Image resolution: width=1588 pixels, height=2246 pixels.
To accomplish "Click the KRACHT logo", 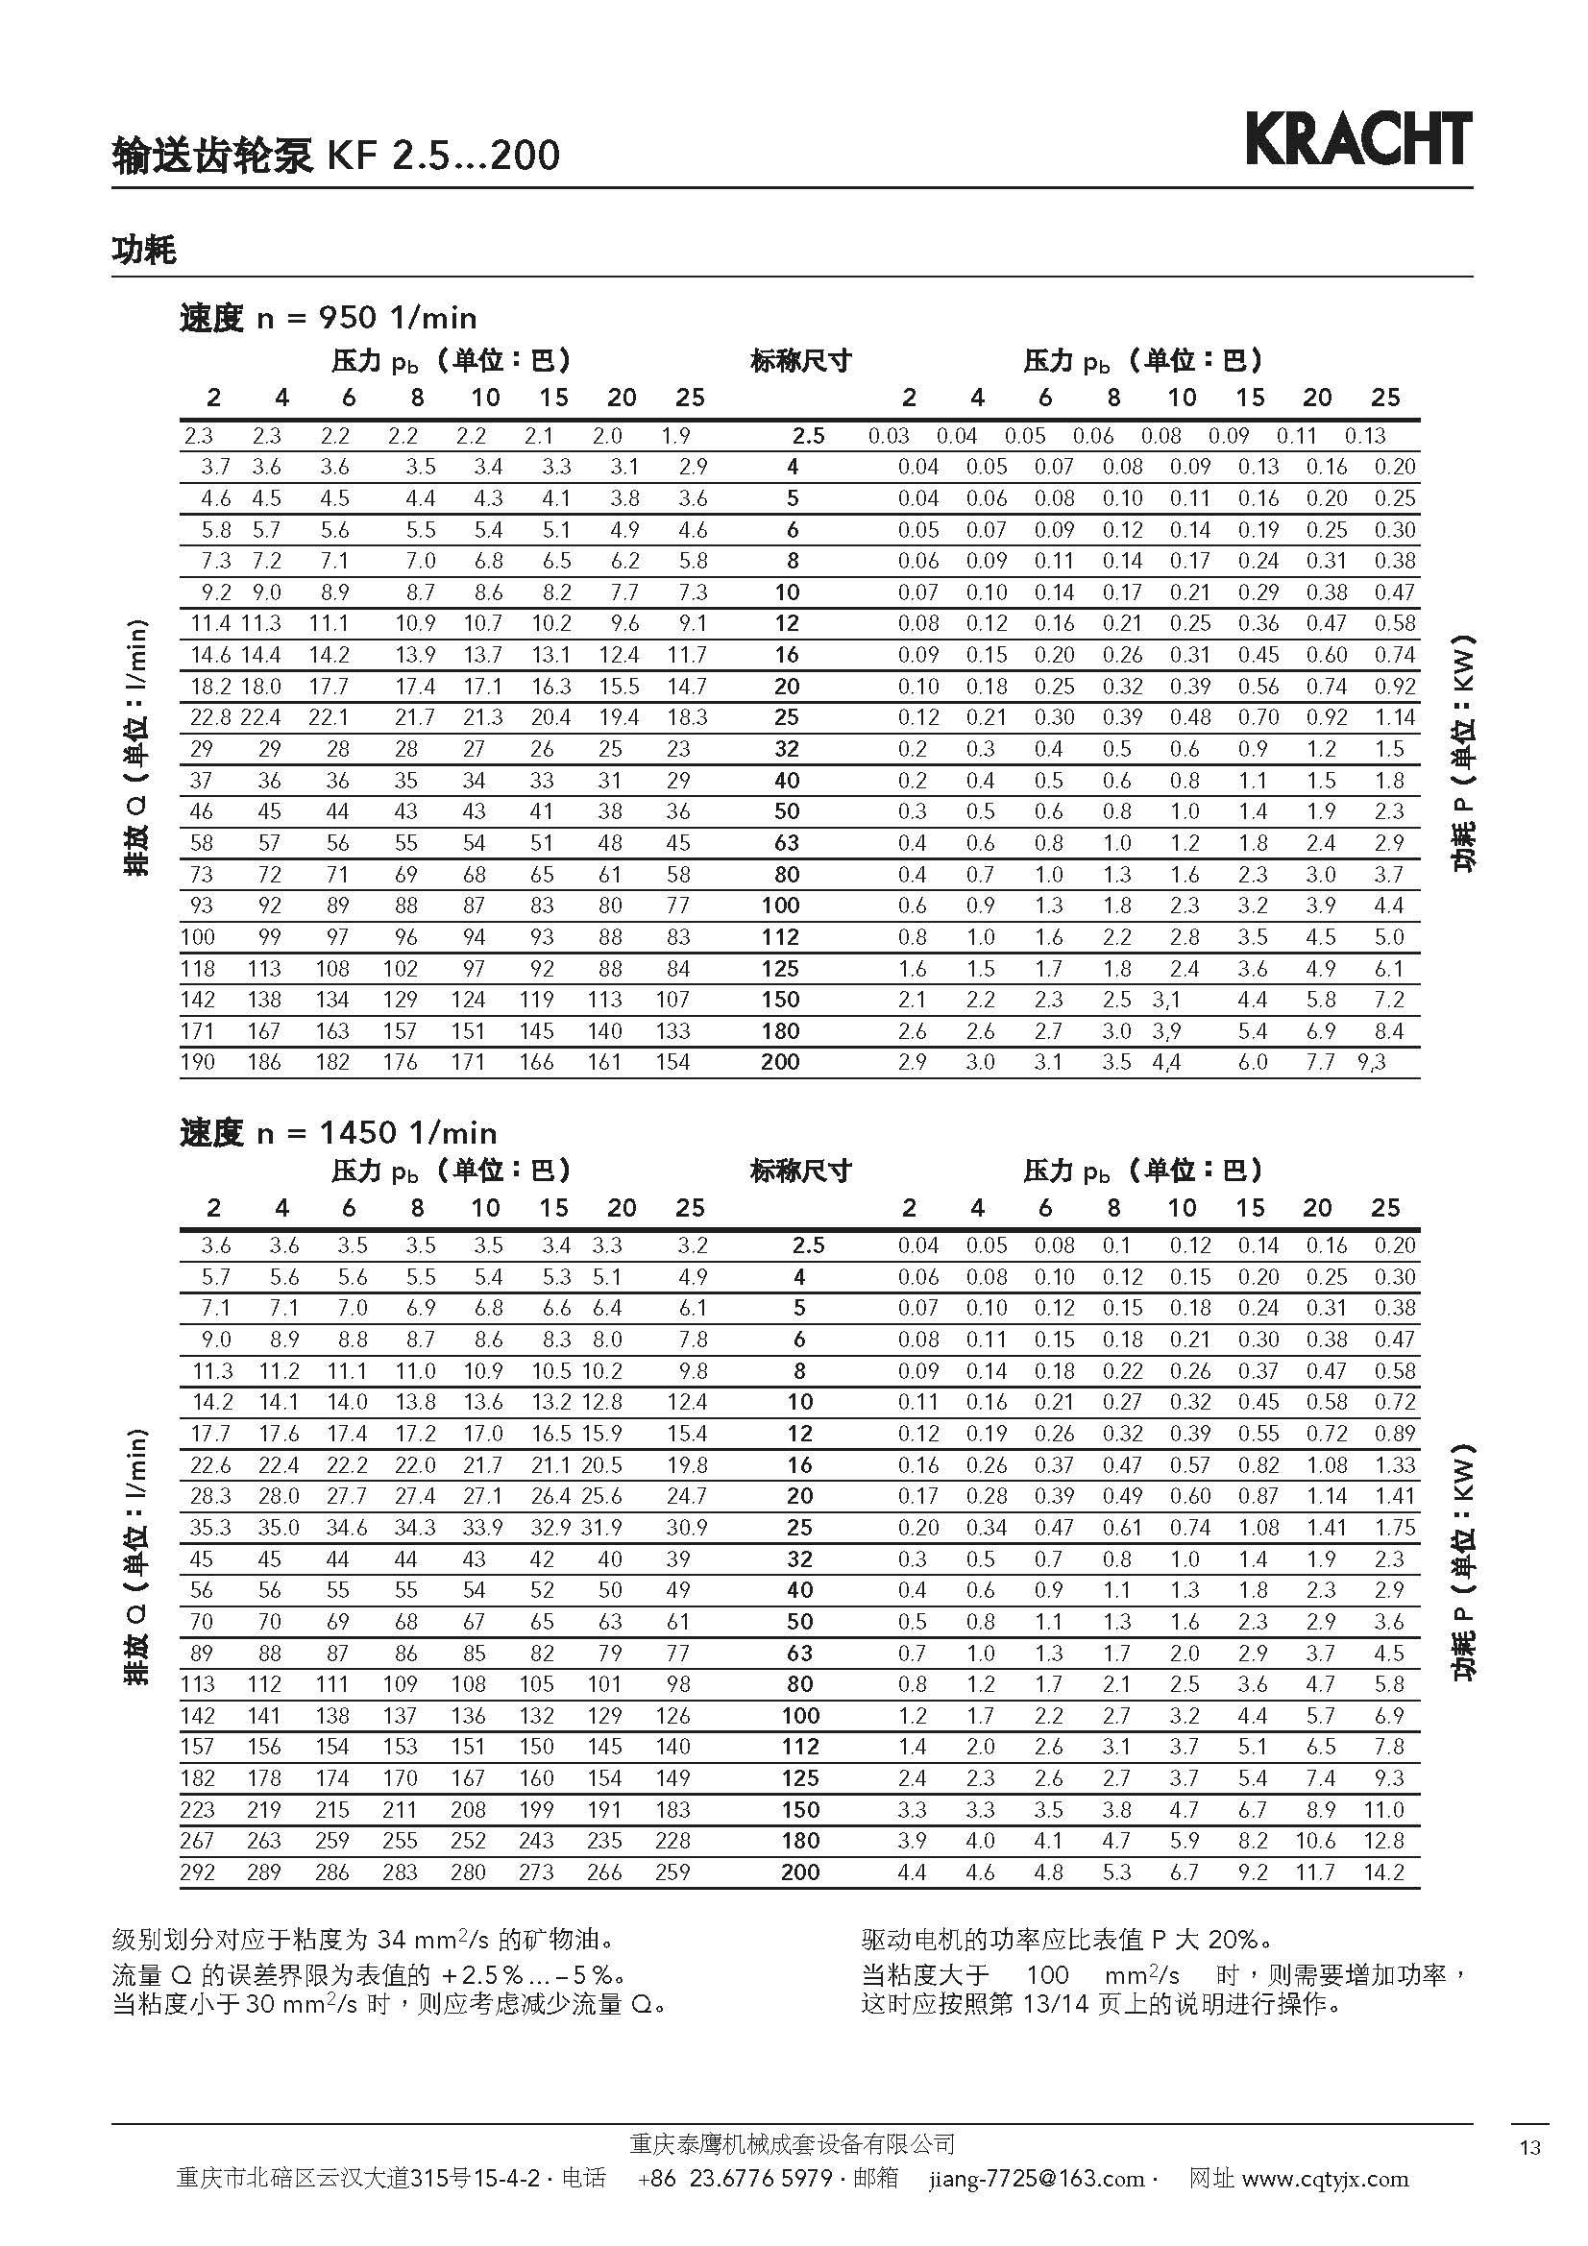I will pyautogui.click(x=1358, y=139).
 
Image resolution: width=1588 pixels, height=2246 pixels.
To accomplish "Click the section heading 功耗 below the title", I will pyautogui.click(x=144, y=251).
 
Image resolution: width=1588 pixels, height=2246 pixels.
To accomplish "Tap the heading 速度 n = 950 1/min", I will pyautogui.click(x=328, y=318).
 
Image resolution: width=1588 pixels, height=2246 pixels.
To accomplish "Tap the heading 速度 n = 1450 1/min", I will pyautogui.click(x=337, y=1133).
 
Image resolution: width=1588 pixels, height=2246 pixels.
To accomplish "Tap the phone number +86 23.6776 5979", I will pyautogui.click(x=734, y=2178).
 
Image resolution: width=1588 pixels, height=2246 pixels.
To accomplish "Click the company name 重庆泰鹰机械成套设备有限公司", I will pyautogui.click(x=793, y=2144).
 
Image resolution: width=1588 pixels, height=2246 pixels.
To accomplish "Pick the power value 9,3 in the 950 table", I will pyautogui.click(x=1372, y=1062).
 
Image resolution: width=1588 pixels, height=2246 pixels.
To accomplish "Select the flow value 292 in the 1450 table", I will pyautogui.click(x=198, y=1872).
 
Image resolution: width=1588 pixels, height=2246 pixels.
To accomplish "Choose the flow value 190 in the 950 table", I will pyautogui.click(x=198, y=1062).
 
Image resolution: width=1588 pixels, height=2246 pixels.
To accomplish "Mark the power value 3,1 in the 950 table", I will pyautogui.click(x=1166, y=1000).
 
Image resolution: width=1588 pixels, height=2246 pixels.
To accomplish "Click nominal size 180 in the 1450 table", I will pyautogui.click(x=799, y=1840).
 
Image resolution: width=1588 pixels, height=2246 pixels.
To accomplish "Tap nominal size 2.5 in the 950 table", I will pyautogui.click(x=808, y=436).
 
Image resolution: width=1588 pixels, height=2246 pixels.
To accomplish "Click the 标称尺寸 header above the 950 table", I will pyautogui.click(x=800, y=362).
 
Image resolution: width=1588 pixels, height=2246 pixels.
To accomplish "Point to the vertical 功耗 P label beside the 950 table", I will pyautogui.click(x=1464, y=753).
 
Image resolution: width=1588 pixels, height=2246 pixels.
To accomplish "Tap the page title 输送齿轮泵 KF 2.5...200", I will pyautogui.click(x=335, y=155).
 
